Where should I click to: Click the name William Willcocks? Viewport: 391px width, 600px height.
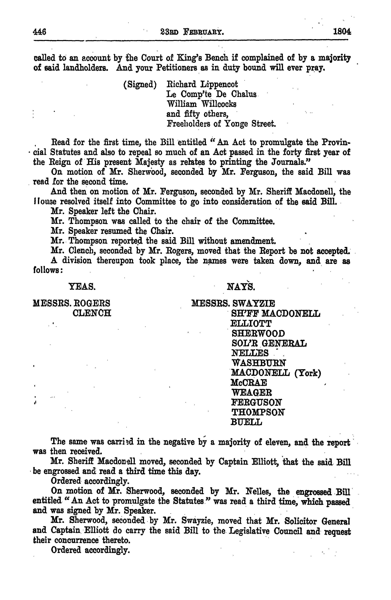pos(201,104)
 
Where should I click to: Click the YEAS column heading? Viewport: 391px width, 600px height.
pos(82,287)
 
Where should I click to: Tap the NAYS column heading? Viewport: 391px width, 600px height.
pos(241,287)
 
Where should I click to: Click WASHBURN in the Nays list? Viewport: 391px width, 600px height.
pos(259,363)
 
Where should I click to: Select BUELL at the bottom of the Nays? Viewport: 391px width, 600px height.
pos(246,422)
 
